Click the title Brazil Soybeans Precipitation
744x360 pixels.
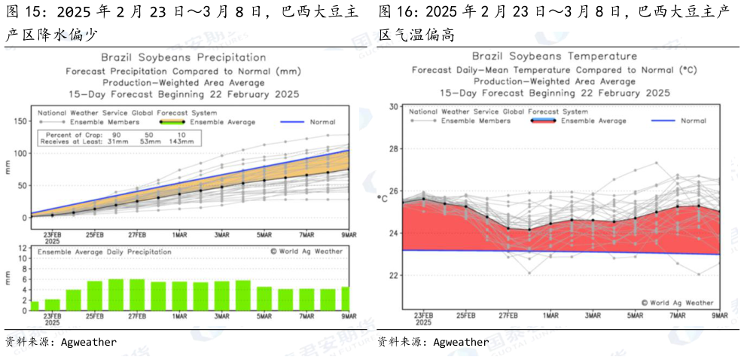pos(183,57)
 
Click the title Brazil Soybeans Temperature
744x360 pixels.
pos(554,56)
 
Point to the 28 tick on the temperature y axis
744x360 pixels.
pos(392,149)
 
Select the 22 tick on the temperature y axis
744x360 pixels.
pos(392,276)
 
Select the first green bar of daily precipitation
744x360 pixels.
pos(34,306)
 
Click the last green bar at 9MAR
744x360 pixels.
pos(346,299)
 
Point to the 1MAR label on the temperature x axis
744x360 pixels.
pos(550,314)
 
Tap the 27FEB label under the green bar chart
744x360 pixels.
pos(137,318)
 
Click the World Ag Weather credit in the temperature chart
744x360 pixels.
pos(676,302)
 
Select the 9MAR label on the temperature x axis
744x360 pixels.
pos(719,314)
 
